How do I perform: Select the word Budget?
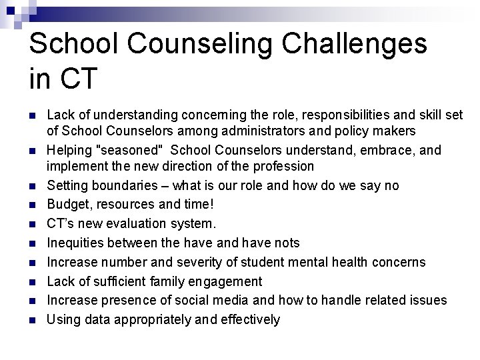[x=68, y=203]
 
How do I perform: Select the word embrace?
[x=370, y=151]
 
